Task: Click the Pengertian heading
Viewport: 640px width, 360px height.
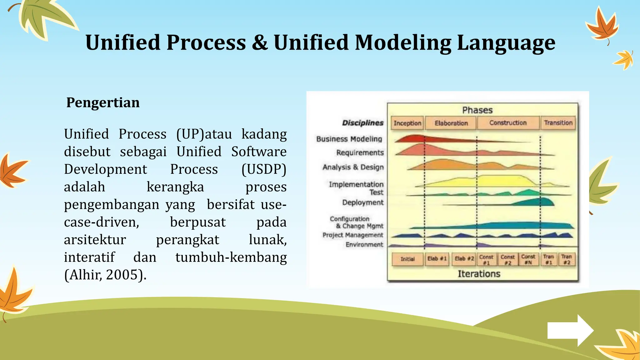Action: coord(103,102)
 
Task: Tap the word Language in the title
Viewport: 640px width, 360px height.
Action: coord(506,42)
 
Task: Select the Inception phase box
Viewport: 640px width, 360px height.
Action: coord(407,123)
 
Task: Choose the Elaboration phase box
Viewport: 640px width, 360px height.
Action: coord(451,123)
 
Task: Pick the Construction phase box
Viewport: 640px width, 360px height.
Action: coord(508,123)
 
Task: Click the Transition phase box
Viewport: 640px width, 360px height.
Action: coord(558,123)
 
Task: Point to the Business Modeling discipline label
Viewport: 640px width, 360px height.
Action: coord(349,139)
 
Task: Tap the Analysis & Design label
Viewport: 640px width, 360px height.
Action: coord(353,167)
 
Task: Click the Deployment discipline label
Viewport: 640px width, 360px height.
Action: coord(362,202)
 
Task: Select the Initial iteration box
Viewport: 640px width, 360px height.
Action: coord(407,259)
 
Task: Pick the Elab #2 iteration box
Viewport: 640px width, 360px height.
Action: coord(464,259)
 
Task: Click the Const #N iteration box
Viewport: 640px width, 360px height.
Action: coord(528,259)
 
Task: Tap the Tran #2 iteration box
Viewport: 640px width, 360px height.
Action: coord(566,259)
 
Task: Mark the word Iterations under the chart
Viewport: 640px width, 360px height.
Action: coord(479,274)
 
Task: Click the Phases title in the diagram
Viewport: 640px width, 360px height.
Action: coord(477,110)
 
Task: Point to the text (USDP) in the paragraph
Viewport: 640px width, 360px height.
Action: coord(264,169)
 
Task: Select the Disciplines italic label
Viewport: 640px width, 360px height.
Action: coord(362,123)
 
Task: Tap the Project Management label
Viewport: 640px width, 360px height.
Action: coord(352,235)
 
